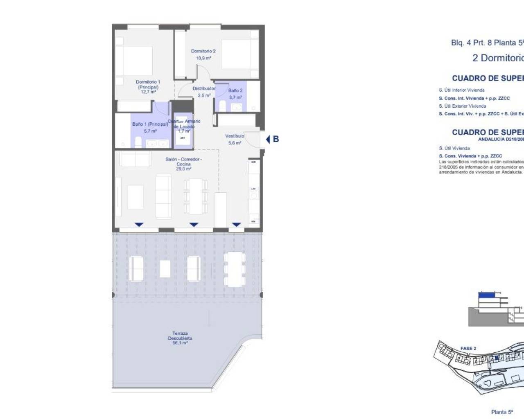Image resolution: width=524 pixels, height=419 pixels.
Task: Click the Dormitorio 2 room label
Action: pos(203,51)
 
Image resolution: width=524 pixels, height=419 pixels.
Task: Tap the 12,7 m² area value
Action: pos(148,92)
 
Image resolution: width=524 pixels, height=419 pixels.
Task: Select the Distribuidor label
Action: pos(204,88)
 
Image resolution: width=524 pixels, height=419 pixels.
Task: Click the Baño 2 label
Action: pos(235,90)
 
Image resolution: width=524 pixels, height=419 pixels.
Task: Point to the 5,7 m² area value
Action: pos(150,131)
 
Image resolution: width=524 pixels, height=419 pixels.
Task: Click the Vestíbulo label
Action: pos(235,136)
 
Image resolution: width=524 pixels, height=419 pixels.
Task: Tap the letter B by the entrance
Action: pos(276,139)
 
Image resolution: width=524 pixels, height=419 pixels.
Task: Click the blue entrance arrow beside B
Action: pos(268,139)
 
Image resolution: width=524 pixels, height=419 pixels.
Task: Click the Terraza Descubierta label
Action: pos(180,336)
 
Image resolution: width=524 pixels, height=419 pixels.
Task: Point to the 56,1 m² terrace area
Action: pos(180,343)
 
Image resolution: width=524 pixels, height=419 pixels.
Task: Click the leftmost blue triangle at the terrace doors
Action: pos(139,224)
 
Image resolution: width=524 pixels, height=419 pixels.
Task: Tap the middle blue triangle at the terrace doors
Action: pos(194,224)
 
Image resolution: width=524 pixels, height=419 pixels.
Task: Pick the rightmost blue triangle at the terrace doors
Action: pos(236,224)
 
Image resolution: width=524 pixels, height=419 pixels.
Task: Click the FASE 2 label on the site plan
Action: pos(468,349)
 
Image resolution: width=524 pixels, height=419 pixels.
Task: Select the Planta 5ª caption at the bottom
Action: pos(502,412)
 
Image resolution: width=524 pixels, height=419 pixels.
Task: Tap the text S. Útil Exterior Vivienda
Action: pos(462,106)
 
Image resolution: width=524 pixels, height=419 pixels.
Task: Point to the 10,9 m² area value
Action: pos(203,58)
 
